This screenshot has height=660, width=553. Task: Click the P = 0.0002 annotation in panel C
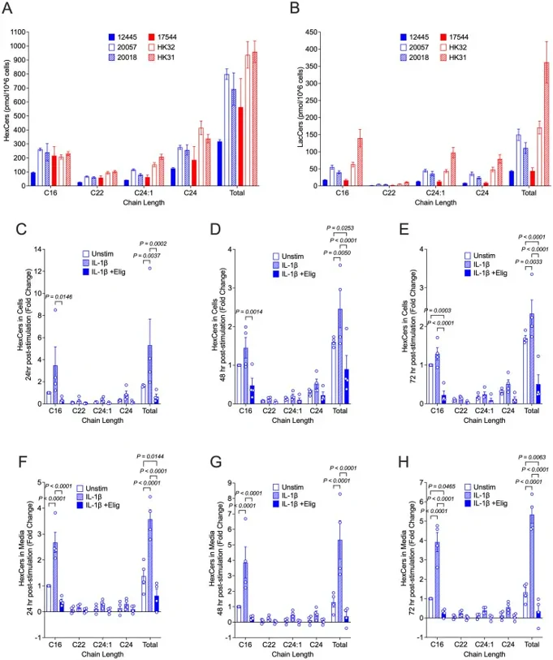click(153, 244)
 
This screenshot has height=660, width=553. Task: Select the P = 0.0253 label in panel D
click(343, 230)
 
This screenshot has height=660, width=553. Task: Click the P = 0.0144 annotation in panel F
click(153, 459)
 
